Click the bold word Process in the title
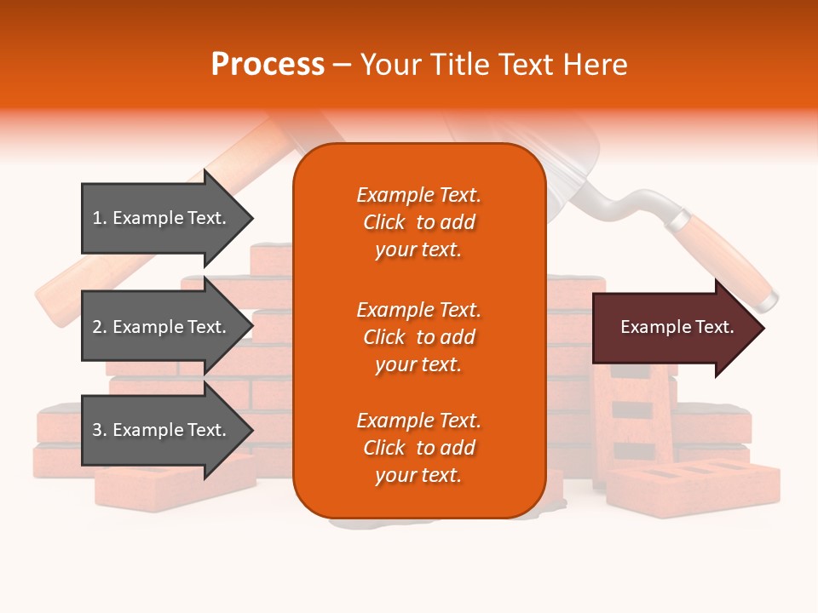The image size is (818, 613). point(268,65)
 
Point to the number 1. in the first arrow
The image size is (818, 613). point(100,218)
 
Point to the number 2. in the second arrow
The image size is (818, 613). point(100,327)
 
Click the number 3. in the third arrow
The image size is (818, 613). point(100,430)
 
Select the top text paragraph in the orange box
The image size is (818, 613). point(418,222)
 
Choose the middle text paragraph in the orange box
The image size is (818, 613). point(418,337)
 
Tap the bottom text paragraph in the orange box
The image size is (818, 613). point(418,448)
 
